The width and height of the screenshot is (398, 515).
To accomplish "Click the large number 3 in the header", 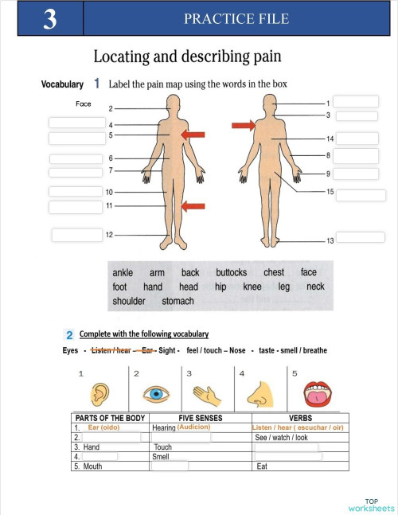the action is pyautogui.click(x=50, y=19).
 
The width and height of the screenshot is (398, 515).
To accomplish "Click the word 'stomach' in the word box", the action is pyautogui.click(x=178, y=301).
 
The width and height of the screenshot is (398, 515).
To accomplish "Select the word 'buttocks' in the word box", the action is pyautogui.click(x=231, y=272).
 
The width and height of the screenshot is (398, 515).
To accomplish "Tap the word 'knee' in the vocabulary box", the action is pyautogui.click(x=252, y=287).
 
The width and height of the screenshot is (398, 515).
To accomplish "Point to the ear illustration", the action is pyautogui.click(x=99, y=394).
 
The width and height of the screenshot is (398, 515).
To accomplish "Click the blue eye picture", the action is pyautogui.click(x=156, y=394).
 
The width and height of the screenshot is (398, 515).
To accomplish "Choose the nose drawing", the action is pyautogui.click(x=260, y=394).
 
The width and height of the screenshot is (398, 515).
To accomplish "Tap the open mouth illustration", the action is pyautogui.click(x=318, y=394).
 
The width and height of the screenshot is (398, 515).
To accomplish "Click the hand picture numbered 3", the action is pyautogui.click(x=207, y=396).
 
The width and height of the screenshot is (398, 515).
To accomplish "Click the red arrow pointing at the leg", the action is pyautogui.click(x=193, y=206).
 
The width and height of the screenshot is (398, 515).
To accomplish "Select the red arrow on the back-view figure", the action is pyautogui.click(x=244, y=125).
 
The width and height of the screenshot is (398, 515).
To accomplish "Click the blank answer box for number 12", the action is pyautogui.click(x=77, y=235).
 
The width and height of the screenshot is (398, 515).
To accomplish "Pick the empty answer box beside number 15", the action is pyautogui.click(x=361, y=195).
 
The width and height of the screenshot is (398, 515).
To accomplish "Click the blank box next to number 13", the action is pyautogui.click(x=361, y=237).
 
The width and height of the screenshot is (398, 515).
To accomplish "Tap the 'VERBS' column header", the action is pyautogui.click(x=300, y=418).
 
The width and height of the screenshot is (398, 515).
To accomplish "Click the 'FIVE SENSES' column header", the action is pyautogui.click(x=201, y=418).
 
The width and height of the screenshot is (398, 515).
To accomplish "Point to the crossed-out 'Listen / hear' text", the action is pyautogui.click(x=111, y=350).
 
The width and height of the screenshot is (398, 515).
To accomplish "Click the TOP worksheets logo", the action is pyautogui.click(x=372, y=505).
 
